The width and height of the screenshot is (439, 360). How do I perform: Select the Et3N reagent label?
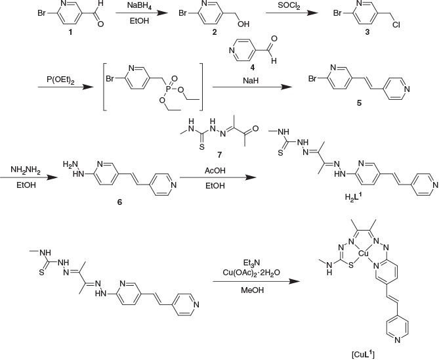coord(253,259)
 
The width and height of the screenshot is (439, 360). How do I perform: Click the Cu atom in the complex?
coord(363,252)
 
